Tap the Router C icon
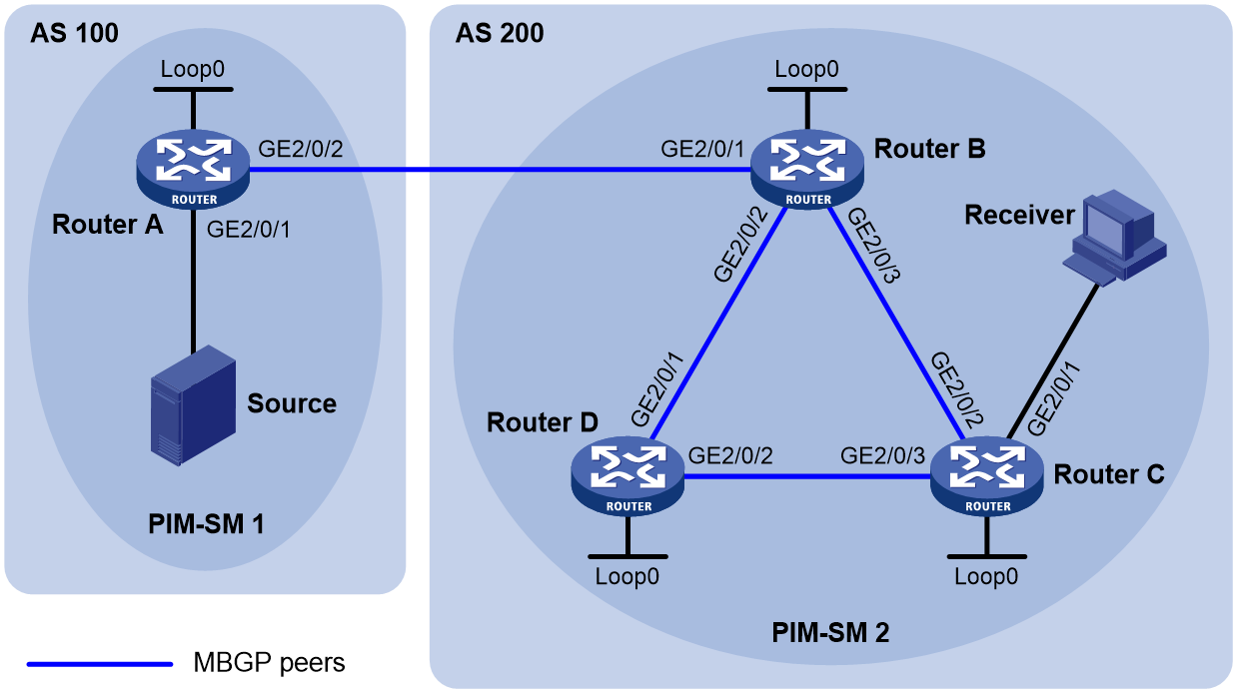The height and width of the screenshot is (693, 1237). (x=987, y=476)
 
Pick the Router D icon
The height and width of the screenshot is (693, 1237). (x=628, y=476)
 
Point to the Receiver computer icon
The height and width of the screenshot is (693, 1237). (x=1110, y=240)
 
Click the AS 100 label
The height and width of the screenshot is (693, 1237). (x=75, y=33)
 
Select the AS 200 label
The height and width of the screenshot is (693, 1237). (x=500, y=33)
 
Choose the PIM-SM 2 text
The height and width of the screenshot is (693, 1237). (x=830, y=632)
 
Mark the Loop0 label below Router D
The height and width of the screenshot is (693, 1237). (x=627, y=576)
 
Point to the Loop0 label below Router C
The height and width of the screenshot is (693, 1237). (x=987, y=576)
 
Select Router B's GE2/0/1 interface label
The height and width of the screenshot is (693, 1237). (x=702, y=149)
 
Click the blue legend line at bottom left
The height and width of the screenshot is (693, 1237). (x=100, y=662)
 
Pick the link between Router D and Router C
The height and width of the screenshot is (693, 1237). (x=807, y=476)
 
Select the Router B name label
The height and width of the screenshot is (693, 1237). (x=929, y=149)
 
